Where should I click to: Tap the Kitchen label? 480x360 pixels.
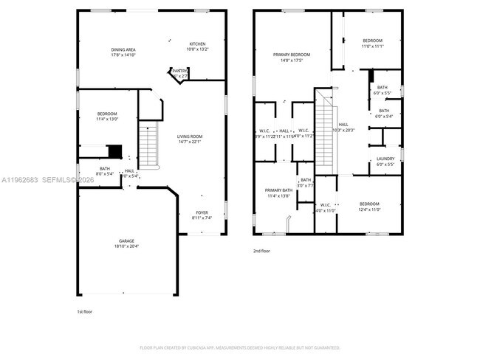coord(197,46)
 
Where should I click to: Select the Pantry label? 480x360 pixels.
coord(179,73)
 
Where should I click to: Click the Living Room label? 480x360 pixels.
coord(190,139)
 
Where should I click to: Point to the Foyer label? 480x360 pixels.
coord(202,215)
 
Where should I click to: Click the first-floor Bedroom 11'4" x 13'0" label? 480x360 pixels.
coord(106,116)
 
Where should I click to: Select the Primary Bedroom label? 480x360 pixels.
coord(291,57)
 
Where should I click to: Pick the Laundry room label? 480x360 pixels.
coord(385,161)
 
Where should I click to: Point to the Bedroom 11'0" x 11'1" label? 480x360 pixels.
coord(372,43)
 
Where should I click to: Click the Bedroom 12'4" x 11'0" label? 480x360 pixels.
coord(369,207)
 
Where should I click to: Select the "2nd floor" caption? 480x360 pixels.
coord(261,251)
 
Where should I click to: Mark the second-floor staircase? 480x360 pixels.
coord(326,133)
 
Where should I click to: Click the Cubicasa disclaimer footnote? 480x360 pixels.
coord(239,347)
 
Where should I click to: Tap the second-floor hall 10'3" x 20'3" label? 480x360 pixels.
coord(343,127)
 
